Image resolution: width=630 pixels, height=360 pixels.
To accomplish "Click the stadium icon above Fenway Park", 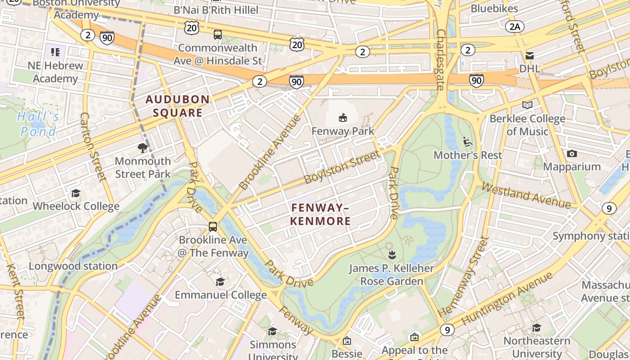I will click(x=343, y=118).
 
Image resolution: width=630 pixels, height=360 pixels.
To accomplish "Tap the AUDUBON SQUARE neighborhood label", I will click(x=177, y=106).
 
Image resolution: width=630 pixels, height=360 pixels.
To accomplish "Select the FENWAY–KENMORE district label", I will click(x=320, y=214).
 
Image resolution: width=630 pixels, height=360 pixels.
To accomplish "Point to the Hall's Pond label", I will click(x=38, y=124).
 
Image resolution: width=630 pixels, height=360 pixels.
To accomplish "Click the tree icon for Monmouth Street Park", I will click(x=143, y=148).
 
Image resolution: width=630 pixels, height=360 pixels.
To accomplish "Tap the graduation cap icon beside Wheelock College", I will click(x=76, y=193).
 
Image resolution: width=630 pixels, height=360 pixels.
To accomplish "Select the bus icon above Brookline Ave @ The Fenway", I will click(x=213, y=227).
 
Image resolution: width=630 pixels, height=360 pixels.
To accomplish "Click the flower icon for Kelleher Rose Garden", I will click(x=392, y=255).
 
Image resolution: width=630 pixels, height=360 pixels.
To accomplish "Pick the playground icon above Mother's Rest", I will click(x=468, y=142).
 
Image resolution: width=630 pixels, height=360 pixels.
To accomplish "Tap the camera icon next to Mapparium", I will click(x=571, y=154).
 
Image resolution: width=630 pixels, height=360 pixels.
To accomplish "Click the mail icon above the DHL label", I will click(x=529, y=56).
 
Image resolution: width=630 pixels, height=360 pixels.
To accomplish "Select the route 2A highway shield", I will click(x=514, y=27).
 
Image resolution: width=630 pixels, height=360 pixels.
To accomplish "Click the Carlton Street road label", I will click(x=92, y=147).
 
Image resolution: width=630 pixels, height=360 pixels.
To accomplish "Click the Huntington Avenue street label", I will click(x=507, y=299).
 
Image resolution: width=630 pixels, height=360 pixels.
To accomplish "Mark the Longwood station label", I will click(x=73, y=266).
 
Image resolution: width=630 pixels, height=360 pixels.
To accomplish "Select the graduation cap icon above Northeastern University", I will click(x=536, y=328).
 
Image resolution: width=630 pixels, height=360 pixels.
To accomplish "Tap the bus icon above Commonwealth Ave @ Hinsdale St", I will click(x=217, y=34).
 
